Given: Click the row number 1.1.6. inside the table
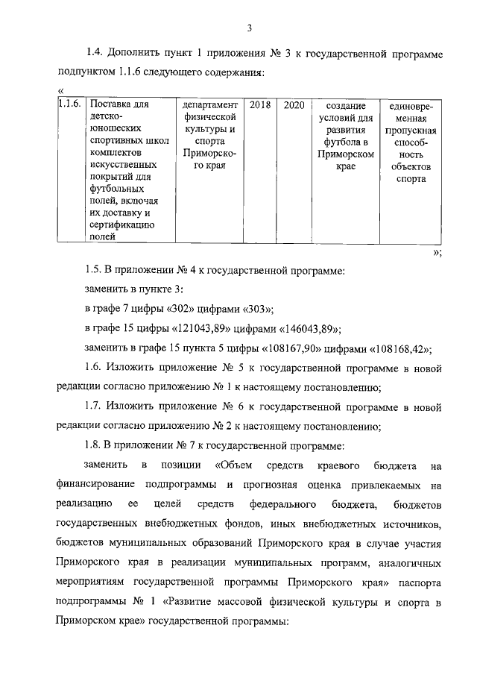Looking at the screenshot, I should coord(70,105).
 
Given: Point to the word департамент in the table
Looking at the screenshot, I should coord(209,105).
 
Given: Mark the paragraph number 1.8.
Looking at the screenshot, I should coord(94,446).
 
